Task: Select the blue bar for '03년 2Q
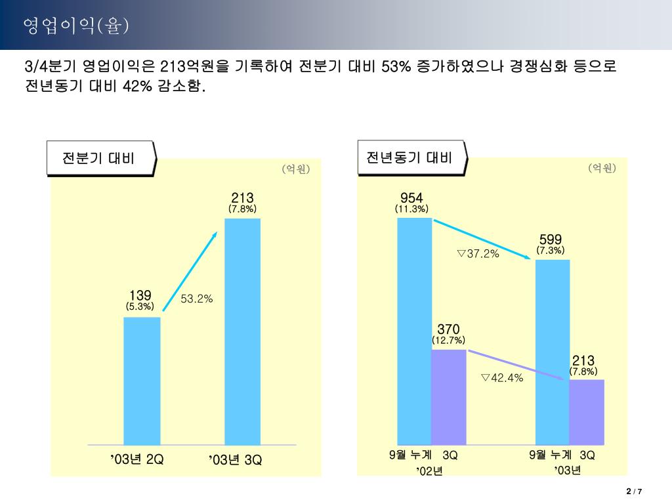click(142, 381)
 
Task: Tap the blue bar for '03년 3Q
click(242, 331)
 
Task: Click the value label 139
click(140, 296)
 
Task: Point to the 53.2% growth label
click(197, 299)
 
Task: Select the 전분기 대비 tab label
click(98, 158)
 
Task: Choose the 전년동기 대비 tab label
click(409, 157)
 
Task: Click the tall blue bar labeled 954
click(415, 331)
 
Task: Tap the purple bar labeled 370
click(448, 397)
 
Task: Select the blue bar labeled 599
click(553, 351)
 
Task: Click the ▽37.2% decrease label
click(478, 253)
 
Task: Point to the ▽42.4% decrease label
click(501, 377)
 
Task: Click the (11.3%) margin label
click(411, 209)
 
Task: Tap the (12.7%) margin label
click(448, 340)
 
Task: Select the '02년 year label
click(430, 471)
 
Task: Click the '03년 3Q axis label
click(236, 460)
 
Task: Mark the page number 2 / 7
click(634, 492)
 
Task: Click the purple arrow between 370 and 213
click(518, 366)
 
